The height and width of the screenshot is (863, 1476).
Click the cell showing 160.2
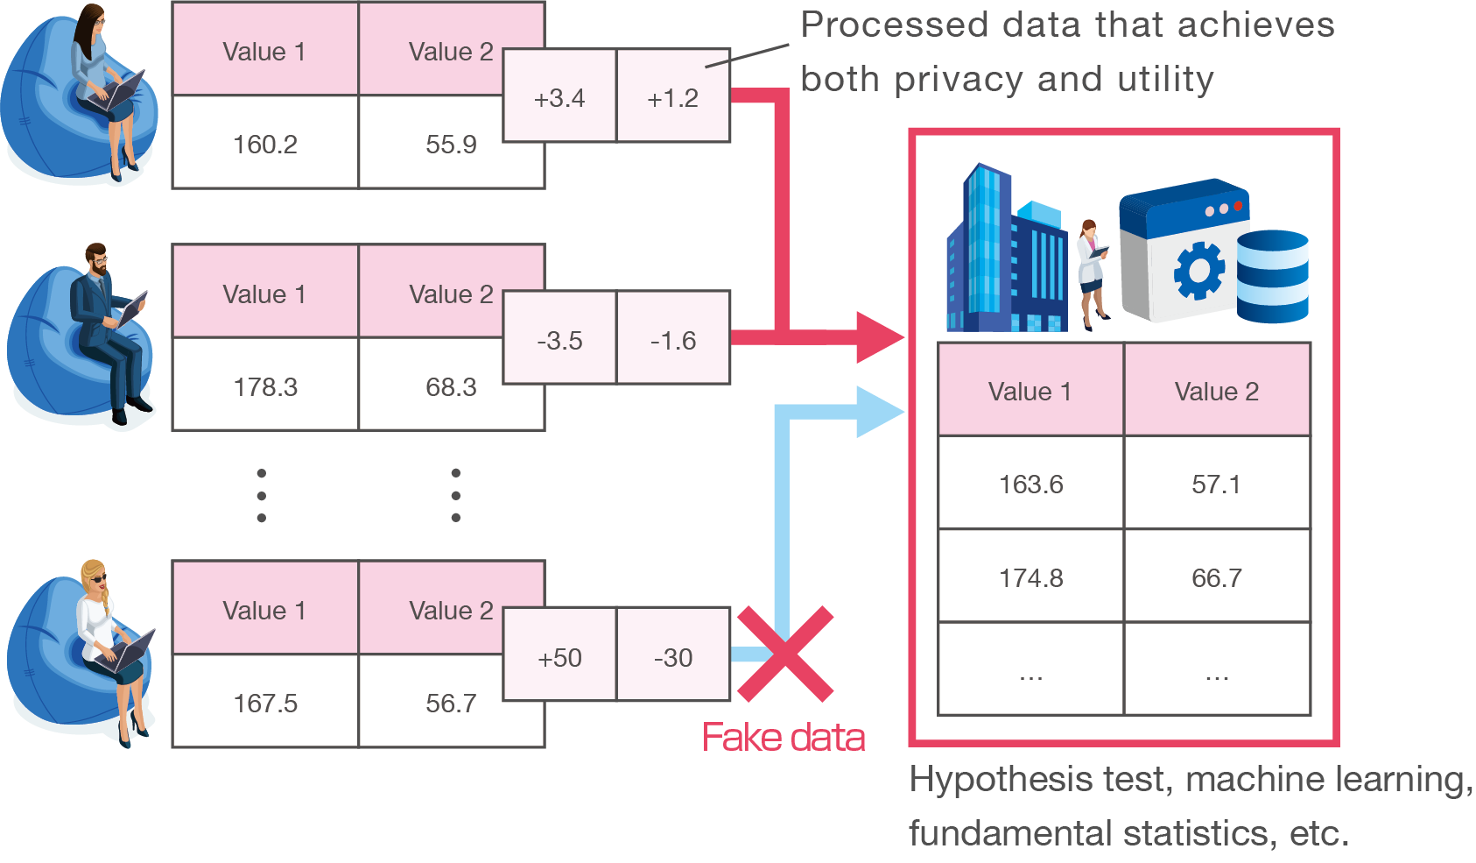(265, 144)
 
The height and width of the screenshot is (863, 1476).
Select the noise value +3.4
(559, 97)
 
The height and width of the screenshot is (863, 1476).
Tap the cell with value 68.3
(451, 386)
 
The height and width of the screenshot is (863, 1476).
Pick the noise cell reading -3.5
(559, 340)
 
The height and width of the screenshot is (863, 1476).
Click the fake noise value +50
(559, 657)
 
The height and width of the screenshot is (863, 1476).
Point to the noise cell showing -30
(673, 657)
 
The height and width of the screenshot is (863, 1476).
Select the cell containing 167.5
(265, 703)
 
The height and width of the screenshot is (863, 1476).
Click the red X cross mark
(785, 654)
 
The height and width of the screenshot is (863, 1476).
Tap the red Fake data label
(784, 738)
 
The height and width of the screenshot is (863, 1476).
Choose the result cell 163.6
(1030, 484)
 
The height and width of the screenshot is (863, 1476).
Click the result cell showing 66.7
(1216, 577)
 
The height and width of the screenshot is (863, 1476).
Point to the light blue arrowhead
(879, 412)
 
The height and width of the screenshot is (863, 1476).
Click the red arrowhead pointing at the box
(879, 337)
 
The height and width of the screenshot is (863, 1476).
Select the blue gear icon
(1198, 271)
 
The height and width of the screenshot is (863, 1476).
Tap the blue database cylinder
(1272, 276)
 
